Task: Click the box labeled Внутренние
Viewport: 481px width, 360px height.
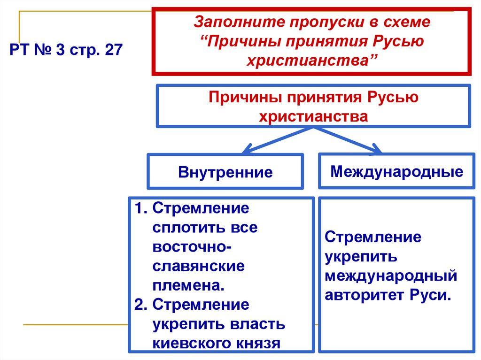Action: [x=225, y=172]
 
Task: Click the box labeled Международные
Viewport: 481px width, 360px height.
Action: [x=396, y=171]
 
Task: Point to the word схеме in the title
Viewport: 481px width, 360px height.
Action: [x=410, y=22]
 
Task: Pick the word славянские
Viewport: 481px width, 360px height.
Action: [x=198, y=266]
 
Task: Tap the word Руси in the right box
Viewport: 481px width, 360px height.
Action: [x=430, y=296]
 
